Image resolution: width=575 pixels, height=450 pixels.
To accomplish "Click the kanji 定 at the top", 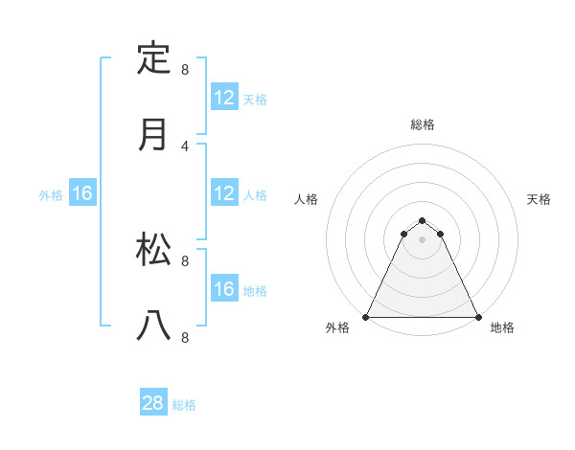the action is click(x=153, y=58).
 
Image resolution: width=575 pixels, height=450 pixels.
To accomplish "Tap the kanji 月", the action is click(x=153, y=134).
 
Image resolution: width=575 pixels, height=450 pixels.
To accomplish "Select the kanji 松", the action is click(x=153, y=250).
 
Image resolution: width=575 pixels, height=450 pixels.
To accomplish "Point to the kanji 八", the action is click(x=153, y=326).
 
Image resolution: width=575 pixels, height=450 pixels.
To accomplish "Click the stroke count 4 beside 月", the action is click(x=185, y=146).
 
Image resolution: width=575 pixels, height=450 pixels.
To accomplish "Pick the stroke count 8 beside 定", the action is click(x=185, y=70).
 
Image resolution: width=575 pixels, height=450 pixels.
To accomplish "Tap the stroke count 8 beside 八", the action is click(x=185, y=337).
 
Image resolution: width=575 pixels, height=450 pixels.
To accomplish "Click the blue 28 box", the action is click(x=153, y=403).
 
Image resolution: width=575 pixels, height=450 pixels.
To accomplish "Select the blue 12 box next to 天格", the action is click(x=224, y=98).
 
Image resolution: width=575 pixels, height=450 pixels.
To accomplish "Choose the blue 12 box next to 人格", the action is click(x=224, y=193).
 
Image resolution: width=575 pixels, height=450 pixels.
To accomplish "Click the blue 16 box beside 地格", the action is click(x=224, y=289).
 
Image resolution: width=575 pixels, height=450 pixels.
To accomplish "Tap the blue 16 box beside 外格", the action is click(x=82, y=193).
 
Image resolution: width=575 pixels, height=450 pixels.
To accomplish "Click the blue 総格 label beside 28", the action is click(x=184, y=405).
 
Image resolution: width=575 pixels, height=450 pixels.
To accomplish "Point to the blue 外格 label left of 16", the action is click(x=51, y=195).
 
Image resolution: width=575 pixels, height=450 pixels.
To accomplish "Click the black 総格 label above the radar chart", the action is click(x=423, y=124).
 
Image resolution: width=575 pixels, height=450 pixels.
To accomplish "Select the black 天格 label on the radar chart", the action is click(x=539, y=199).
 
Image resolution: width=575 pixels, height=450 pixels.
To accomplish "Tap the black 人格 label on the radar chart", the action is click(x=307, y=199).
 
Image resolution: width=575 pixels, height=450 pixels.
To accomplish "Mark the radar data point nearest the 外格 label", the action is click(x=366, y=316).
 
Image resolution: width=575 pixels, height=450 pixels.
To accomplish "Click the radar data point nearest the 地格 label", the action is click(x=478, y=316).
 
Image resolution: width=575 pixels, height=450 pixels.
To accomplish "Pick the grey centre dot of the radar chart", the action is click(x=423, y=238).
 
